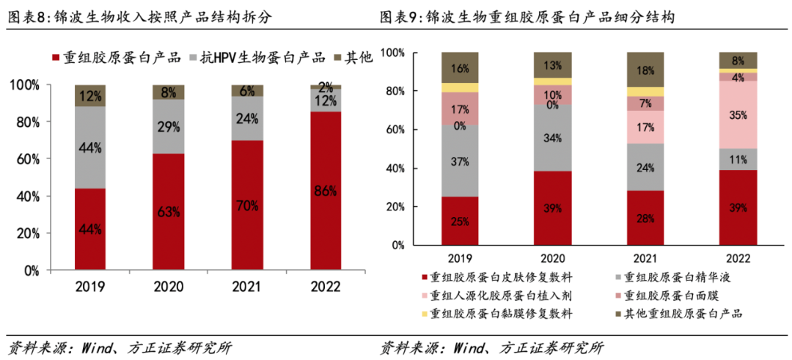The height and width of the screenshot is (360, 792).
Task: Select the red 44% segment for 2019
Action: point(89,229)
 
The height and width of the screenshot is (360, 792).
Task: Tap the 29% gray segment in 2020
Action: point(168,126)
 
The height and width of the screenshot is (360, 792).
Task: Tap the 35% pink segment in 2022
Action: point(738,114)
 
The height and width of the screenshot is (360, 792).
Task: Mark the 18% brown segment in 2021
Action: point(645,70)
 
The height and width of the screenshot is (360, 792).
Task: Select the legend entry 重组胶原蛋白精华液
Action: point(679,277)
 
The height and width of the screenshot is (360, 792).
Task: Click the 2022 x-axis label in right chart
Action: point(738,258)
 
